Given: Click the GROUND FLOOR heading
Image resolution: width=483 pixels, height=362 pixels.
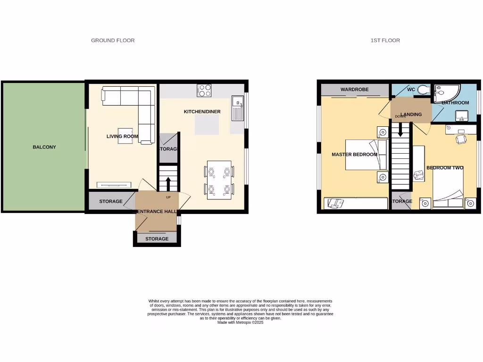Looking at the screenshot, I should pyautogui.click(x=113, y=41).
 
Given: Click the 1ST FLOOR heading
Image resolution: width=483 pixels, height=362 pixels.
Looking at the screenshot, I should pyautogui.click(x=385, y=41).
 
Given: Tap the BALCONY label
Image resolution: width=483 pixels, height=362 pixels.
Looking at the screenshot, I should pyautogui.click(x=44, y=147).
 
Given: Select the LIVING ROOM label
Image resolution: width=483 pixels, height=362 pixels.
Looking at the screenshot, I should pyautogui.click(x=122, y=137).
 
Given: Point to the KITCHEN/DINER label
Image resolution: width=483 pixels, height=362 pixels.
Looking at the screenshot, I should pyautogui.click(x=202, y=112).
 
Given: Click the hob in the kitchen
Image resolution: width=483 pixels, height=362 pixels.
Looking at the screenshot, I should pyautogui.click(x=204, y=90).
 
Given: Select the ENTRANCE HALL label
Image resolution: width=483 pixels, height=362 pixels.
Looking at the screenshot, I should pyautogui.click(x=157, y=211).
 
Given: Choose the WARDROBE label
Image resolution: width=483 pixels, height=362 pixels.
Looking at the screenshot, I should pyautogui.click(x=355, y=90).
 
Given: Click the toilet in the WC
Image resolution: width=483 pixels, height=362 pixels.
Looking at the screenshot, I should pyautogui.click(x=423, y=90).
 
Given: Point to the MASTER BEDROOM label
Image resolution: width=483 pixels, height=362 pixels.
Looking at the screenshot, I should pyautogui.click(x=354, y=155).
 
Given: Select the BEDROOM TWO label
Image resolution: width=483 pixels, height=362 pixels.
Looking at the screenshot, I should pyautogui.click(x=445, y=168).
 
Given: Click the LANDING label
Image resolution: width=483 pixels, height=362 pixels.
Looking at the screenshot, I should pyautogui.click(x=411, y=114).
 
